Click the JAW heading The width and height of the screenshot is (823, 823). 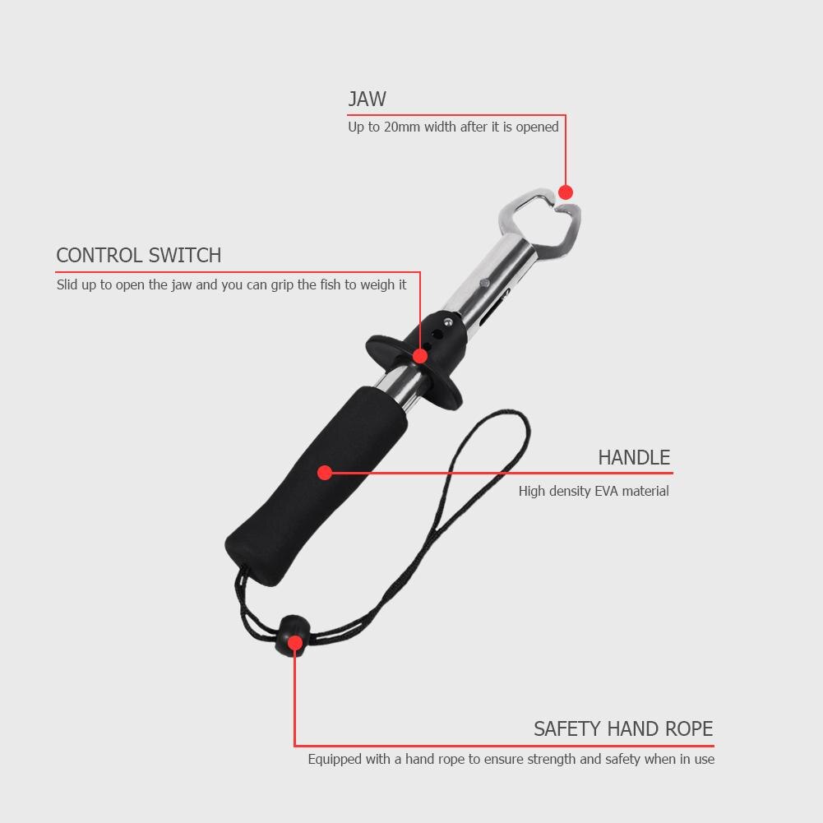[x=367, y=99]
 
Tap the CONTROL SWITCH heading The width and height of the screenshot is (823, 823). [x=139, y=256]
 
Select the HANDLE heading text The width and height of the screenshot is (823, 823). [x=634, y=458]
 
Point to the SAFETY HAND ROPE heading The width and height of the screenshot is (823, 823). [x=623, y=729]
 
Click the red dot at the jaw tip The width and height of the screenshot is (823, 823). [x=566, y=192]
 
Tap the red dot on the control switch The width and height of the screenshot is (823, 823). [x=420, y=356]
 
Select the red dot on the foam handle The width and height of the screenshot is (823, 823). [x=325, y=473]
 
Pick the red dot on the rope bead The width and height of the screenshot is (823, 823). [x=295, y=643]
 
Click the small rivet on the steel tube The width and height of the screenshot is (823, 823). [x=485, y=284]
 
